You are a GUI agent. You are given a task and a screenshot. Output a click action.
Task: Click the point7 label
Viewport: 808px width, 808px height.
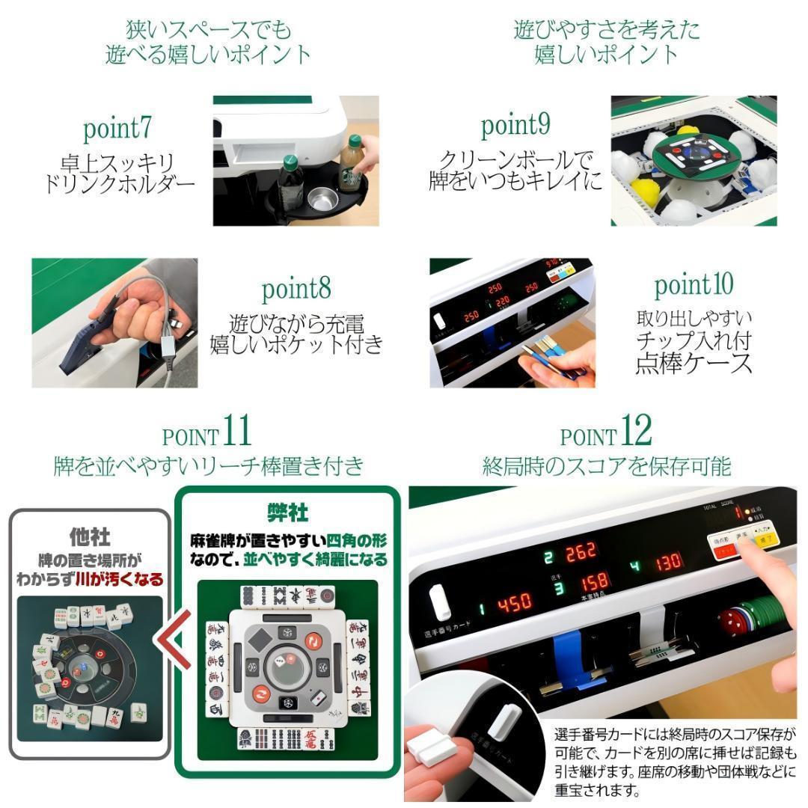click(x=117, y=129)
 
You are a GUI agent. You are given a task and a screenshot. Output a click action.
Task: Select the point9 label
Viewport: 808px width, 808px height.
click(x=515, y=126)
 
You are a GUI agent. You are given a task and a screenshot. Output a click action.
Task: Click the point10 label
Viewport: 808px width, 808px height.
click(x=694, y=285)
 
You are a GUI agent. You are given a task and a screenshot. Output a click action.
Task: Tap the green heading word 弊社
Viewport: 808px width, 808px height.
click(x=288, y=512)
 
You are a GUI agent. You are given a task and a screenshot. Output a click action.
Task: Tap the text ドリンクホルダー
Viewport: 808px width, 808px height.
click(x=120, y=183)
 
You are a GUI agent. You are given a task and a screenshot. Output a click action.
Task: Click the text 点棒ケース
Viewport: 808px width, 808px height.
click(x=694, y=364)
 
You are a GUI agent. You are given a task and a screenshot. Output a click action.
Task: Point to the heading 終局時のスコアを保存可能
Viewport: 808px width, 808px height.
click(x=606, y=466)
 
